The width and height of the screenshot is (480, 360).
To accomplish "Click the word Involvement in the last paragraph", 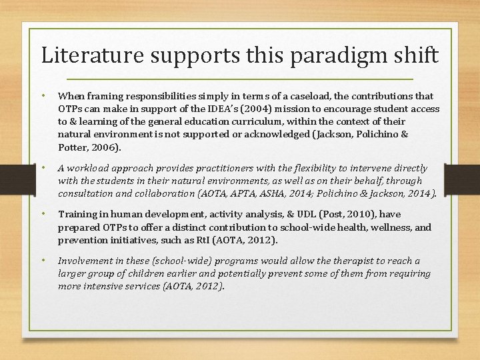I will [85, 261].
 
